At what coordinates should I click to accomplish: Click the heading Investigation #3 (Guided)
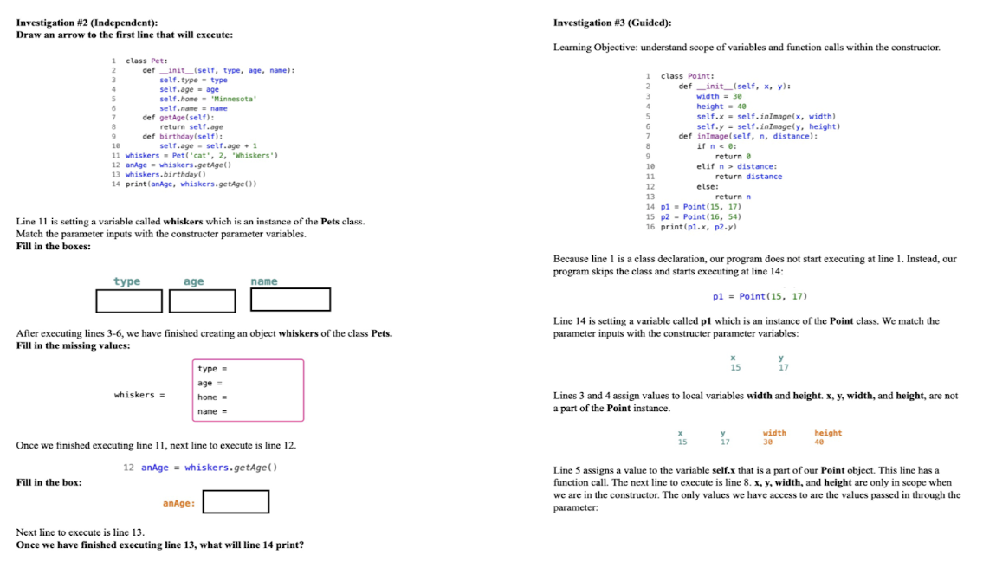click(x=612, y=23)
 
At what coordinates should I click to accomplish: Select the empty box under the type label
click(x=129, y=300)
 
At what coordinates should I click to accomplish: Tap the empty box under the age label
click(x=203, y=300)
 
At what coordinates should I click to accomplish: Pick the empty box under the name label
click(x=290, y=300)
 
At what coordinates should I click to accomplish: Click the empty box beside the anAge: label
click(x=236, y=501)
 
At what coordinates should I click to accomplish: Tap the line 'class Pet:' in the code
click(x=146, y=61)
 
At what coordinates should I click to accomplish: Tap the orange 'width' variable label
click(x=774, y=433)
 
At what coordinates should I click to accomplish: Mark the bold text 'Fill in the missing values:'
click(x=74, y=345)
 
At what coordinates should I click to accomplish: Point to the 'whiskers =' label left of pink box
click(x=133, y=395)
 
